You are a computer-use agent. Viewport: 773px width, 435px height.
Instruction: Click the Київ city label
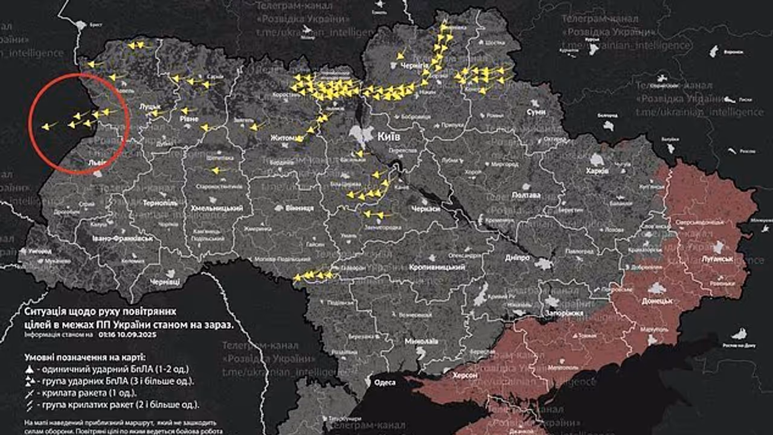click(x=390, y=137)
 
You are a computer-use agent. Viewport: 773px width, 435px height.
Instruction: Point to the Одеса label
click(x=385, y=382)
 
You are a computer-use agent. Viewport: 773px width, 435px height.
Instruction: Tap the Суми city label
click(x=536, y=112)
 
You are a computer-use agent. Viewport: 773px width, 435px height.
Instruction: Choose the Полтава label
click(x=525, y=195)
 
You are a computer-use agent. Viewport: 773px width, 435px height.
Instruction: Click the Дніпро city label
click(x=518, y=257)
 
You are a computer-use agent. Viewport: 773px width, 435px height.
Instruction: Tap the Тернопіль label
click(x=160, y=204)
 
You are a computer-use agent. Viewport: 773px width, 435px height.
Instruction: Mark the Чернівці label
click(x=165, y=282)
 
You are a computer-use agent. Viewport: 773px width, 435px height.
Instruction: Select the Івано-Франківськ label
click(x=122, y=239)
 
